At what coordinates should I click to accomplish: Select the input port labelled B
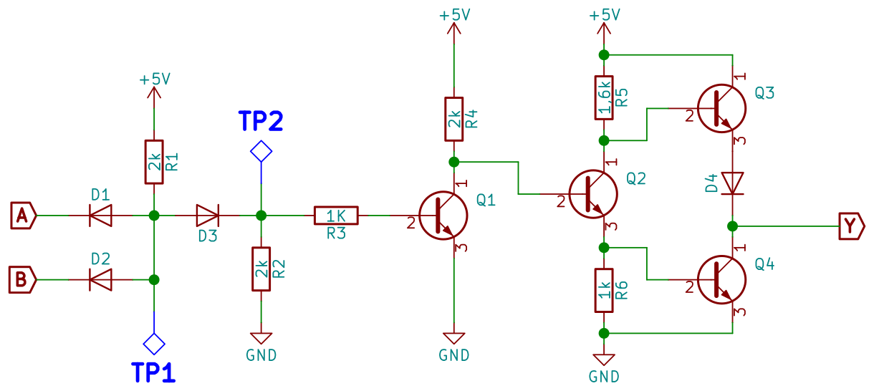click(x=21, y=279)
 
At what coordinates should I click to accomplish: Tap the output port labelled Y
click(x=850, y=226)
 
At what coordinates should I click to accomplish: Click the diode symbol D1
click(x=100, y=215)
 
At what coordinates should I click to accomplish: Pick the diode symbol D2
click(x=100, y=279)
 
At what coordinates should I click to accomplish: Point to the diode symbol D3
click(x=208, y=215)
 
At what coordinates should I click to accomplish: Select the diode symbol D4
click(x=732, y=183)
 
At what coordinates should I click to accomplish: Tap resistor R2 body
click(x=261, y=269)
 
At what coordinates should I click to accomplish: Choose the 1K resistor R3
click(x=336, y=215)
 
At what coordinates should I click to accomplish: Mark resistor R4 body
click(x=454, y=119)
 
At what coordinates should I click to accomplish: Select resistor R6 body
click(x=604, y=290)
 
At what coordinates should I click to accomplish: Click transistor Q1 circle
click(x=443, y=215)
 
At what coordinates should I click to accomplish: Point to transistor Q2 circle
click(x=593, y=193)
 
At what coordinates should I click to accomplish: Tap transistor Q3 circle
click(x=721, y=108)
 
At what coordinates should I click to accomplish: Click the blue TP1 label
click(x=153, y=372)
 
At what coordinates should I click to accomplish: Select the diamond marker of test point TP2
click(x=261, y=151)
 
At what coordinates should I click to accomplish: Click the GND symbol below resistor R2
click(x=261, y=338)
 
